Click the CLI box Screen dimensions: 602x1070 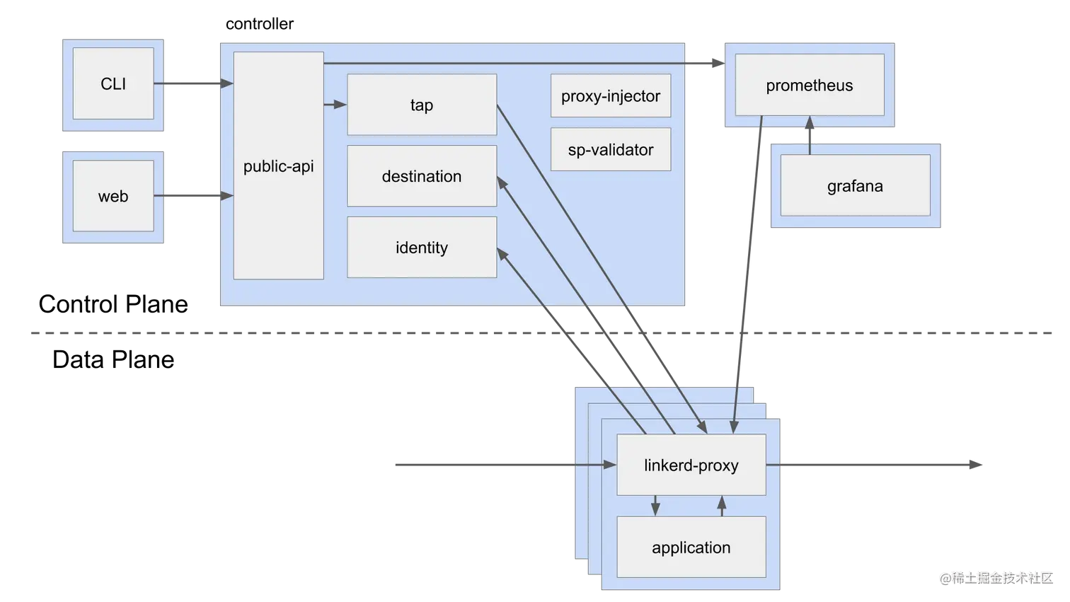tap(113, 83)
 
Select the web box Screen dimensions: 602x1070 tap(113, 196)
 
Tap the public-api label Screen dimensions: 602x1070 tap(278, 166)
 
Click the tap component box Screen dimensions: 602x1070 tap(422, 105)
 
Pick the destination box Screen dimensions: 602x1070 tap(422, 176)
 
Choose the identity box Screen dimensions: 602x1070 tap(422, 248)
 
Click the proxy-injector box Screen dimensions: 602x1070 tap(611, 96)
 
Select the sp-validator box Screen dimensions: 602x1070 tap(611, 150)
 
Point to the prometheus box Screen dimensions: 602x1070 tap(810, 86)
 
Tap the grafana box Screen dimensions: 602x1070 tap(855, 186)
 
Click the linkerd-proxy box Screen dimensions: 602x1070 tap(691, 465)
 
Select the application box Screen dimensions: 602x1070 tap(691, 548)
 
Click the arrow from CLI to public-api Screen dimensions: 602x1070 tap(195, 84)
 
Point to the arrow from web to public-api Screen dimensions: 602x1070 tap(195, 196)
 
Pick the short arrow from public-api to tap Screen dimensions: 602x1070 tap(335, 105)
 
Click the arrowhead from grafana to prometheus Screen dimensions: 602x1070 tap(810, 125)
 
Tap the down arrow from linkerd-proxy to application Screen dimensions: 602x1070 tap(655, 506)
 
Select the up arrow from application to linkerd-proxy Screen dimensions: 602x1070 tap(722, 505)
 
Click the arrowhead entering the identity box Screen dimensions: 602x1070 tap(502, 253)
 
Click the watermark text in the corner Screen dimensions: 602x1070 tap(996, 577)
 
